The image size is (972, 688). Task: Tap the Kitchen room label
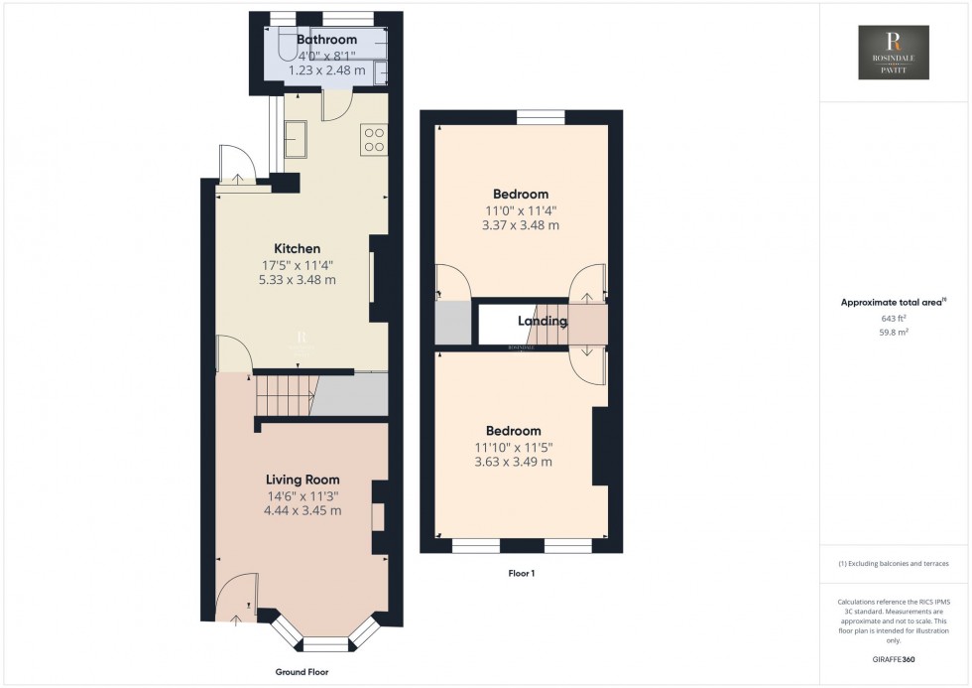point(298,248)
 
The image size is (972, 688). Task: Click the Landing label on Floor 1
point(543,321)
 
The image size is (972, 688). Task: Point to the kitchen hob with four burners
point(374,140)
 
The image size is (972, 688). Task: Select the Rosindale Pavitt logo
point(894,52)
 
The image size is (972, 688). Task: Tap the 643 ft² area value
point(894,319)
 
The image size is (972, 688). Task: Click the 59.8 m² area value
point(894,334)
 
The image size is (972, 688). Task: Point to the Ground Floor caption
point(302,672)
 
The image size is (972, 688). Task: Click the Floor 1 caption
point(521,573)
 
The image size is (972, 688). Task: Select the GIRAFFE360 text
point(894,658)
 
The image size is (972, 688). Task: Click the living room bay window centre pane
point(326,642)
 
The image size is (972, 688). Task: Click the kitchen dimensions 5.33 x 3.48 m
point(298,280)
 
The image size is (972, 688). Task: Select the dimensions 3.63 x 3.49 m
point(513,462)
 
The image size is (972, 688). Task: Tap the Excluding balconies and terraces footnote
point(894,563)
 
